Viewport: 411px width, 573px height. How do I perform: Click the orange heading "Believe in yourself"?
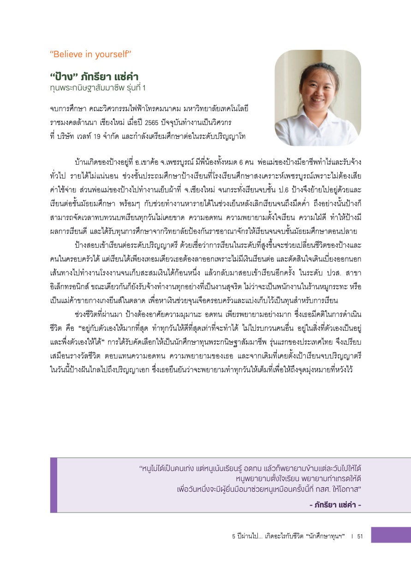click(x=91, y=54)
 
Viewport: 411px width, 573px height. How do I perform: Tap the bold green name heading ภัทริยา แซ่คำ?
click(x=94, y=76)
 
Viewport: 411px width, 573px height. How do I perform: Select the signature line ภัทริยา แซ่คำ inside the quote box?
click(x=335, y=504)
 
